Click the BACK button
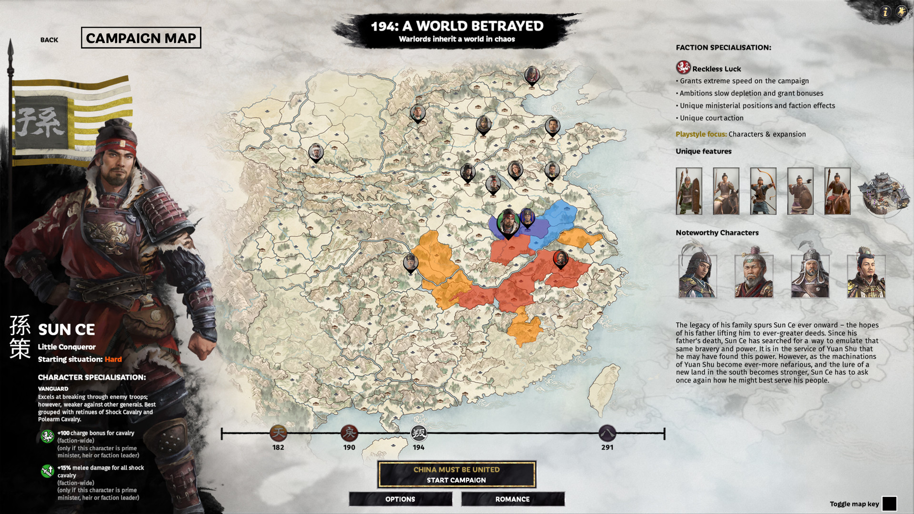click(x=49, y=40)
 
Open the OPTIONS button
click(x=400, y=499)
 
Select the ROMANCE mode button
click(x=512, y=499)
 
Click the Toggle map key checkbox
click(x=889, y=504)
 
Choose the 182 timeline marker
click(x=278, y=433)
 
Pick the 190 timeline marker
click(x=349, y=433)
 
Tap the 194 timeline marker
click(x=418, y=433)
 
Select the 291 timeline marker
click(x=607, y=433)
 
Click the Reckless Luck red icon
click(x=683, y=68)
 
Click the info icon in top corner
click(x=885, y=12)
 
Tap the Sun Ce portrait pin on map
click(x=508, y=222)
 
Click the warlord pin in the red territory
click(x=560, y=258)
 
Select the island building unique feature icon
click(x=883, y=193)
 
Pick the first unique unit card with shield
click(x=688, y=191)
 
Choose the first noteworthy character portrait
click(x=697, y=273)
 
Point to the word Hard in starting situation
click(x=113, y=359)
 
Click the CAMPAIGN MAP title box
click(x=141, y=38)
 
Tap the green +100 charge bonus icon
click(x=47, y=436)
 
